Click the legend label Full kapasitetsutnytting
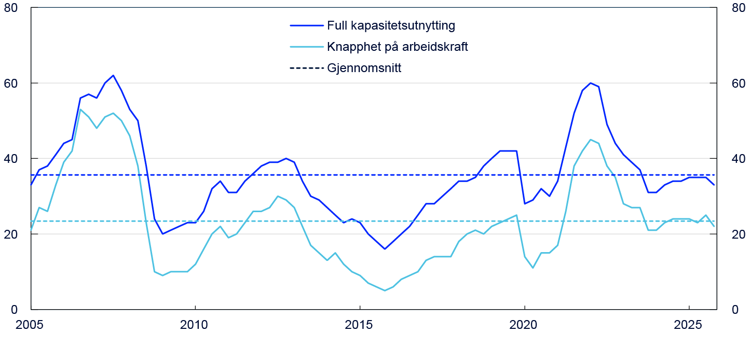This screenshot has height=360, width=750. tap(391, 25)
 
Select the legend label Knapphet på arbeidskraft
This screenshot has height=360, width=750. tap(397, 47)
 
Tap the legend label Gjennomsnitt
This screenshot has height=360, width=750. tap(364, 68)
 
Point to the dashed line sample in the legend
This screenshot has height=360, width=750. tap(306, 68)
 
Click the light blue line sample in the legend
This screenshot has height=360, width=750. tap(306, 47)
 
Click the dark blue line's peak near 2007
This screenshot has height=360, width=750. tap(113, 75)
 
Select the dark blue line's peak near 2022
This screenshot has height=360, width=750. tap(590, 83)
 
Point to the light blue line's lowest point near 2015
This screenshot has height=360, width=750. tap(385, 290)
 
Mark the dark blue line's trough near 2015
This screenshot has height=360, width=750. tap(385, 249)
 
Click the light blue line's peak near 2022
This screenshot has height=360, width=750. tap(590, 140)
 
